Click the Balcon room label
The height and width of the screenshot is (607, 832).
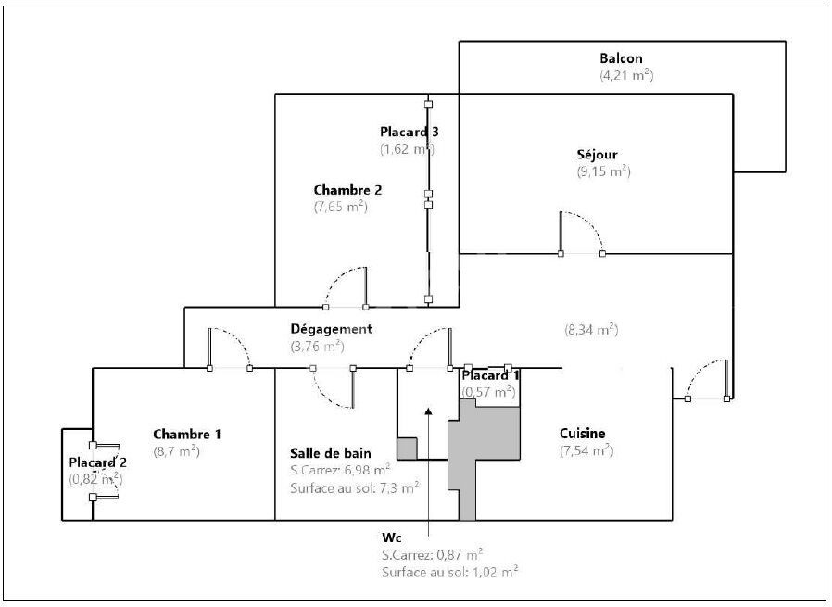621,58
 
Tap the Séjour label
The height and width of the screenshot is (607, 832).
597,155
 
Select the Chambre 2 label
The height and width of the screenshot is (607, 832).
347,190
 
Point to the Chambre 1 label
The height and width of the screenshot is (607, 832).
187,434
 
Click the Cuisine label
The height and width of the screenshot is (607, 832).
582,433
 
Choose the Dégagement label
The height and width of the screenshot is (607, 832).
331,329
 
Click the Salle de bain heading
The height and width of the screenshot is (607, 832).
330,453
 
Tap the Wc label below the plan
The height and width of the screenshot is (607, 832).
392,537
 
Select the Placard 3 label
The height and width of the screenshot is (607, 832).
410,132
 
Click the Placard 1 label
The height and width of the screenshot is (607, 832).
490,375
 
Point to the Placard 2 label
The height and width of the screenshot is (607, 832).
97,462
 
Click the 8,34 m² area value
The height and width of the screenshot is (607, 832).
591,330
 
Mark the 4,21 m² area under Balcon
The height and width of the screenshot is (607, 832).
626,75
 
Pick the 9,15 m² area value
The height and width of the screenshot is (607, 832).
604,171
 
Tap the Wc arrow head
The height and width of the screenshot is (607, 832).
428,411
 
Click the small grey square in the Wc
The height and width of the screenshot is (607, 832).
407,449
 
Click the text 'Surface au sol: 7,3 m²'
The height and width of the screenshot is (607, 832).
355,487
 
